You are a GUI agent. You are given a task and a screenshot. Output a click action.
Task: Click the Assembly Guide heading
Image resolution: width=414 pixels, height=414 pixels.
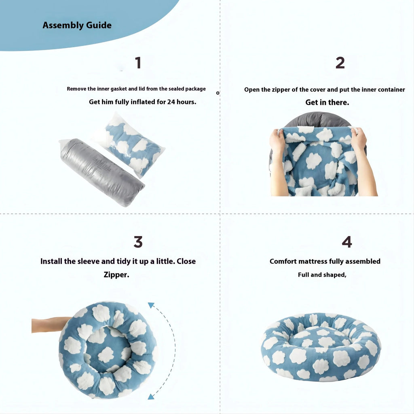pyautogui.click(x=77, y=25)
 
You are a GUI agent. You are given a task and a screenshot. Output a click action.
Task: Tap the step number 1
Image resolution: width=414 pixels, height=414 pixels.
pyautogui.click(x=138, y=63)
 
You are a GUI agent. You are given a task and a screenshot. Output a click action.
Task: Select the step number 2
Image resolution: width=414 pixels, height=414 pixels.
pyautogui.click(x=340, y=63)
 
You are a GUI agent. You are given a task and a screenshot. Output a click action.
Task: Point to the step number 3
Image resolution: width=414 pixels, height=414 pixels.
pyautogui.click(x=138, y=242)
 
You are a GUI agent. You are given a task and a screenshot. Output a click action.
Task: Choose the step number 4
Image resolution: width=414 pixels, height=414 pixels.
pyautogui.click(x=346, y=242)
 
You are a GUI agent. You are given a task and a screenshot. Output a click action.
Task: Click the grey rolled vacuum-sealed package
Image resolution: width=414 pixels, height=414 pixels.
pyautogui.click(x=101, y=172)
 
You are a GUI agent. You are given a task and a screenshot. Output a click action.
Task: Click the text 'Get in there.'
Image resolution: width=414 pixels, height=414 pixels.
pyautogui.click(x=327, y=103)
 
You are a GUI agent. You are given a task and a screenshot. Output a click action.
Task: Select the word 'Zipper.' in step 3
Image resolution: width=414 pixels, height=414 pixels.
pyautogui.click(x=116, y=275)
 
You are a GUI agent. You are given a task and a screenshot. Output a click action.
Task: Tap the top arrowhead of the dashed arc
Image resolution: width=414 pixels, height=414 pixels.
pyautogui.click(x=151, y=305)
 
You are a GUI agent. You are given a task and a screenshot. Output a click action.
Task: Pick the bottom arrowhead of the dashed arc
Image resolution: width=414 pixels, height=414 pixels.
pyautogui.click(x=151, y=397)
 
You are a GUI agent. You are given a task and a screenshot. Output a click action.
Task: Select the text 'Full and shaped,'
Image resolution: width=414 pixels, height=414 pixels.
pyautogui.click(x=322, y=275)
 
